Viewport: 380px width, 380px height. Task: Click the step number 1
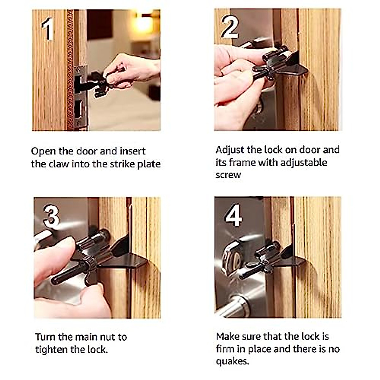47,29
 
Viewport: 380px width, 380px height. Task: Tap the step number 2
230,27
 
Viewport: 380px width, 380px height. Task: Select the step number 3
51,216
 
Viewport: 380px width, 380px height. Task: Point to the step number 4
233,216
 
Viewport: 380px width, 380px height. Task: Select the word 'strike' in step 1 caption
123,164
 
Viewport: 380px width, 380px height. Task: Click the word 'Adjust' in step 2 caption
230,150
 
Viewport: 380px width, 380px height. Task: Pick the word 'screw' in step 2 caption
228,175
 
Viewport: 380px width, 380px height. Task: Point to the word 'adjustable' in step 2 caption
304,162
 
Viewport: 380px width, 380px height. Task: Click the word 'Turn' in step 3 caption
46,337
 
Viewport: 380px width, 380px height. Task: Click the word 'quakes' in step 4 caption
232,361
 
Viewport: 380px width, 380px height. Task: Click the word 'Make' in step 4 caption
227,336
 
